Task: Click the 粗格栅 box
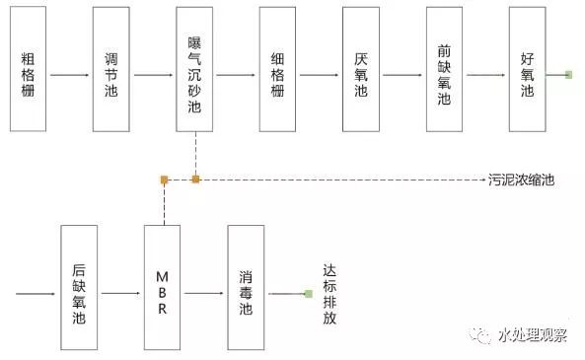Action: [x=29, y=69]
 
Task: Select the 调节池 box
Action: [x=111, y=69]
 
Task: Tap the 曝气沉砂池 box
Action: [x=195, y=69]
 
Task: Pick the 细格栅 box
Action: [x=278, y=69]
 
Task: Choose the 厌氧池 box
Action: [x=361, y=69]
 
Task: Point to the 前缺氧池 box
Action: [x=445, y=69]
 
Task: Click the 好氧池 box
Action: [x=528, y=69]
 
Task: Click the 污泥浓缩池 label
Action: [x=521, y=180]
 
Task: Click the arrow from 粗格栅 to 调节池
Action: [x=70, y=74]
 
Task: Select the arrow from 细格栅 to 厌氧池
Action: [x=320, y=74]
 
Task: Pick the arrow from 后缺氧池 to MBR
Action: [x=120, y=293]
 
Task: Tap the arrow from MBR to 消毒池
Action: [x=204, y=293]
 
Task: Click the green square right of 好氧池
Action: [x=569, y=74]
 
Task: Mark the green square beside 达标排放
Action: [x=308, y=293]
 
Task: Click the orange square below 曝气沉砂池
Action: [x=195, y=180]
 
